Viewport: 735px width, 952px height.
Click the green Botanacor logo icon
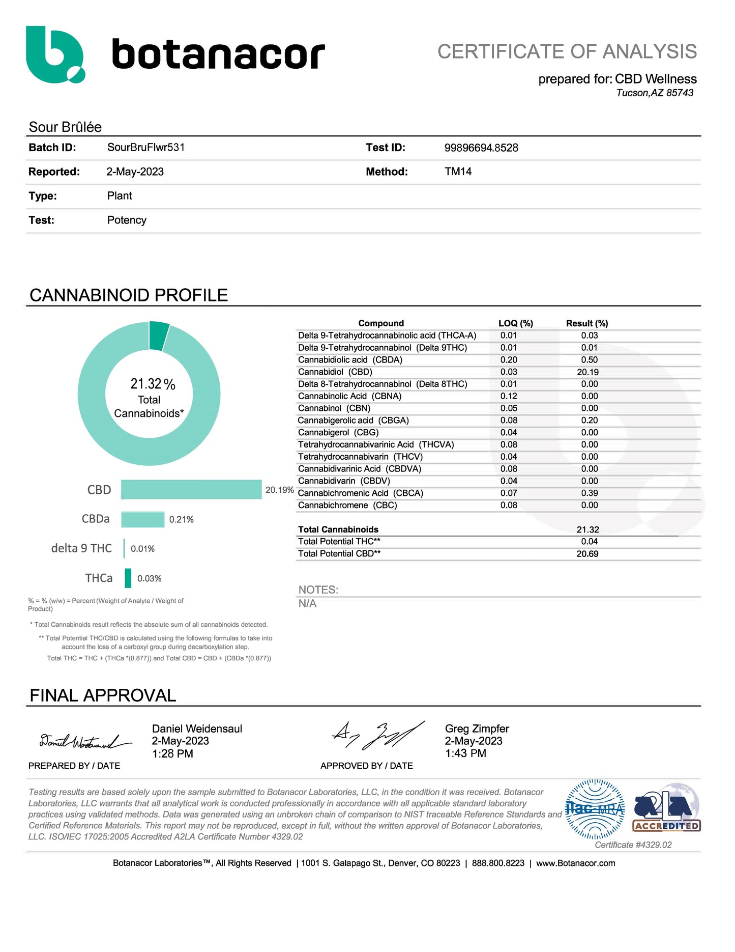pyautogui.click(x=55, y=54)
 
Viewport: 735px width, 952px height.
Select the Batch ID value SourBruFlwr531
pyautogui.click(x=146, y=148)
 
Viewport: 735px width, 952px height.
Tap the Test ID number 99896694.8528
pyautogui.click(x=481, y=148)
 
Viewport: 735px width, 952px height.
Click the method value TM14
pyautogui.click(x=458, y=172)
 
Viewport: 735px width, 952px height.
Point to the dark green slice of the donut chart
pyautogui.click(x=159, y=337)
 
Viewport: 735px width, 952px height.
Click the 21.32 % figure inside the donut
pyautogui.click(x=153, y=384)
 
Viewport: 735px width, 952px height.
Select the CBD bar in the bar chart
pyautogui.click(x=191, y=490)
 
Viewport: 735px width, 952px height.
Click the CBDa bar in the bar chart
pyautogui.click(x=143, y=520)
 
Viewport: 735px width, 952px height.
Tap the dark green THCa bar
pyautogui.click(x=128, y=578)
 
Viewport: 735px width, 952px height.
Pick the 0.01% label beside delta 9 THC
pyautogui.click(x=142, y=549)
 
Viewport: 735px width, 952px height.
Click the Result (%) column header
pyautogui.click(x=587, y=323)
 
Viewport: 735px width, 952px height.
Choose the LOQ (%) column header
pyautogui.click(x=515, y=323)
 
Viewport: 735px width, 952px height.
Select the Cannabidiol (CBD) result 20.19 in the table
pyautogui.click(x=587, y=372)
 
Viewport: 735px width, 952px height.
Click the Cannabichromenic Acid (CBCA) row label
pyautogui.click(x=360, y=493)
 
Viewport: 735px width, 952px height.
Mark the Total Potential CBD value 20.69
pyautogui.click(x=587, y=554)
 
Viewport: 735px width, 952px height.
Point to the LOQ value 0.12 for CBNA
pyautogui.click(x=509, y=396)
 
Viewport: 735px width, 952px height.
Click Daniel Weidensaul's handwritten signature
pyautogui.click(x=84, y=742)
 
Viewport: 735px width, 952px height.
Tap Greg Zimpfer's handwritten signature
pyautogui.click(x=377, y=736)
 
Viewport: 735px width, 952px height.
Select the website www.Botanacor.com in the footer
pyautogui.click(x=575, y=863)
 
